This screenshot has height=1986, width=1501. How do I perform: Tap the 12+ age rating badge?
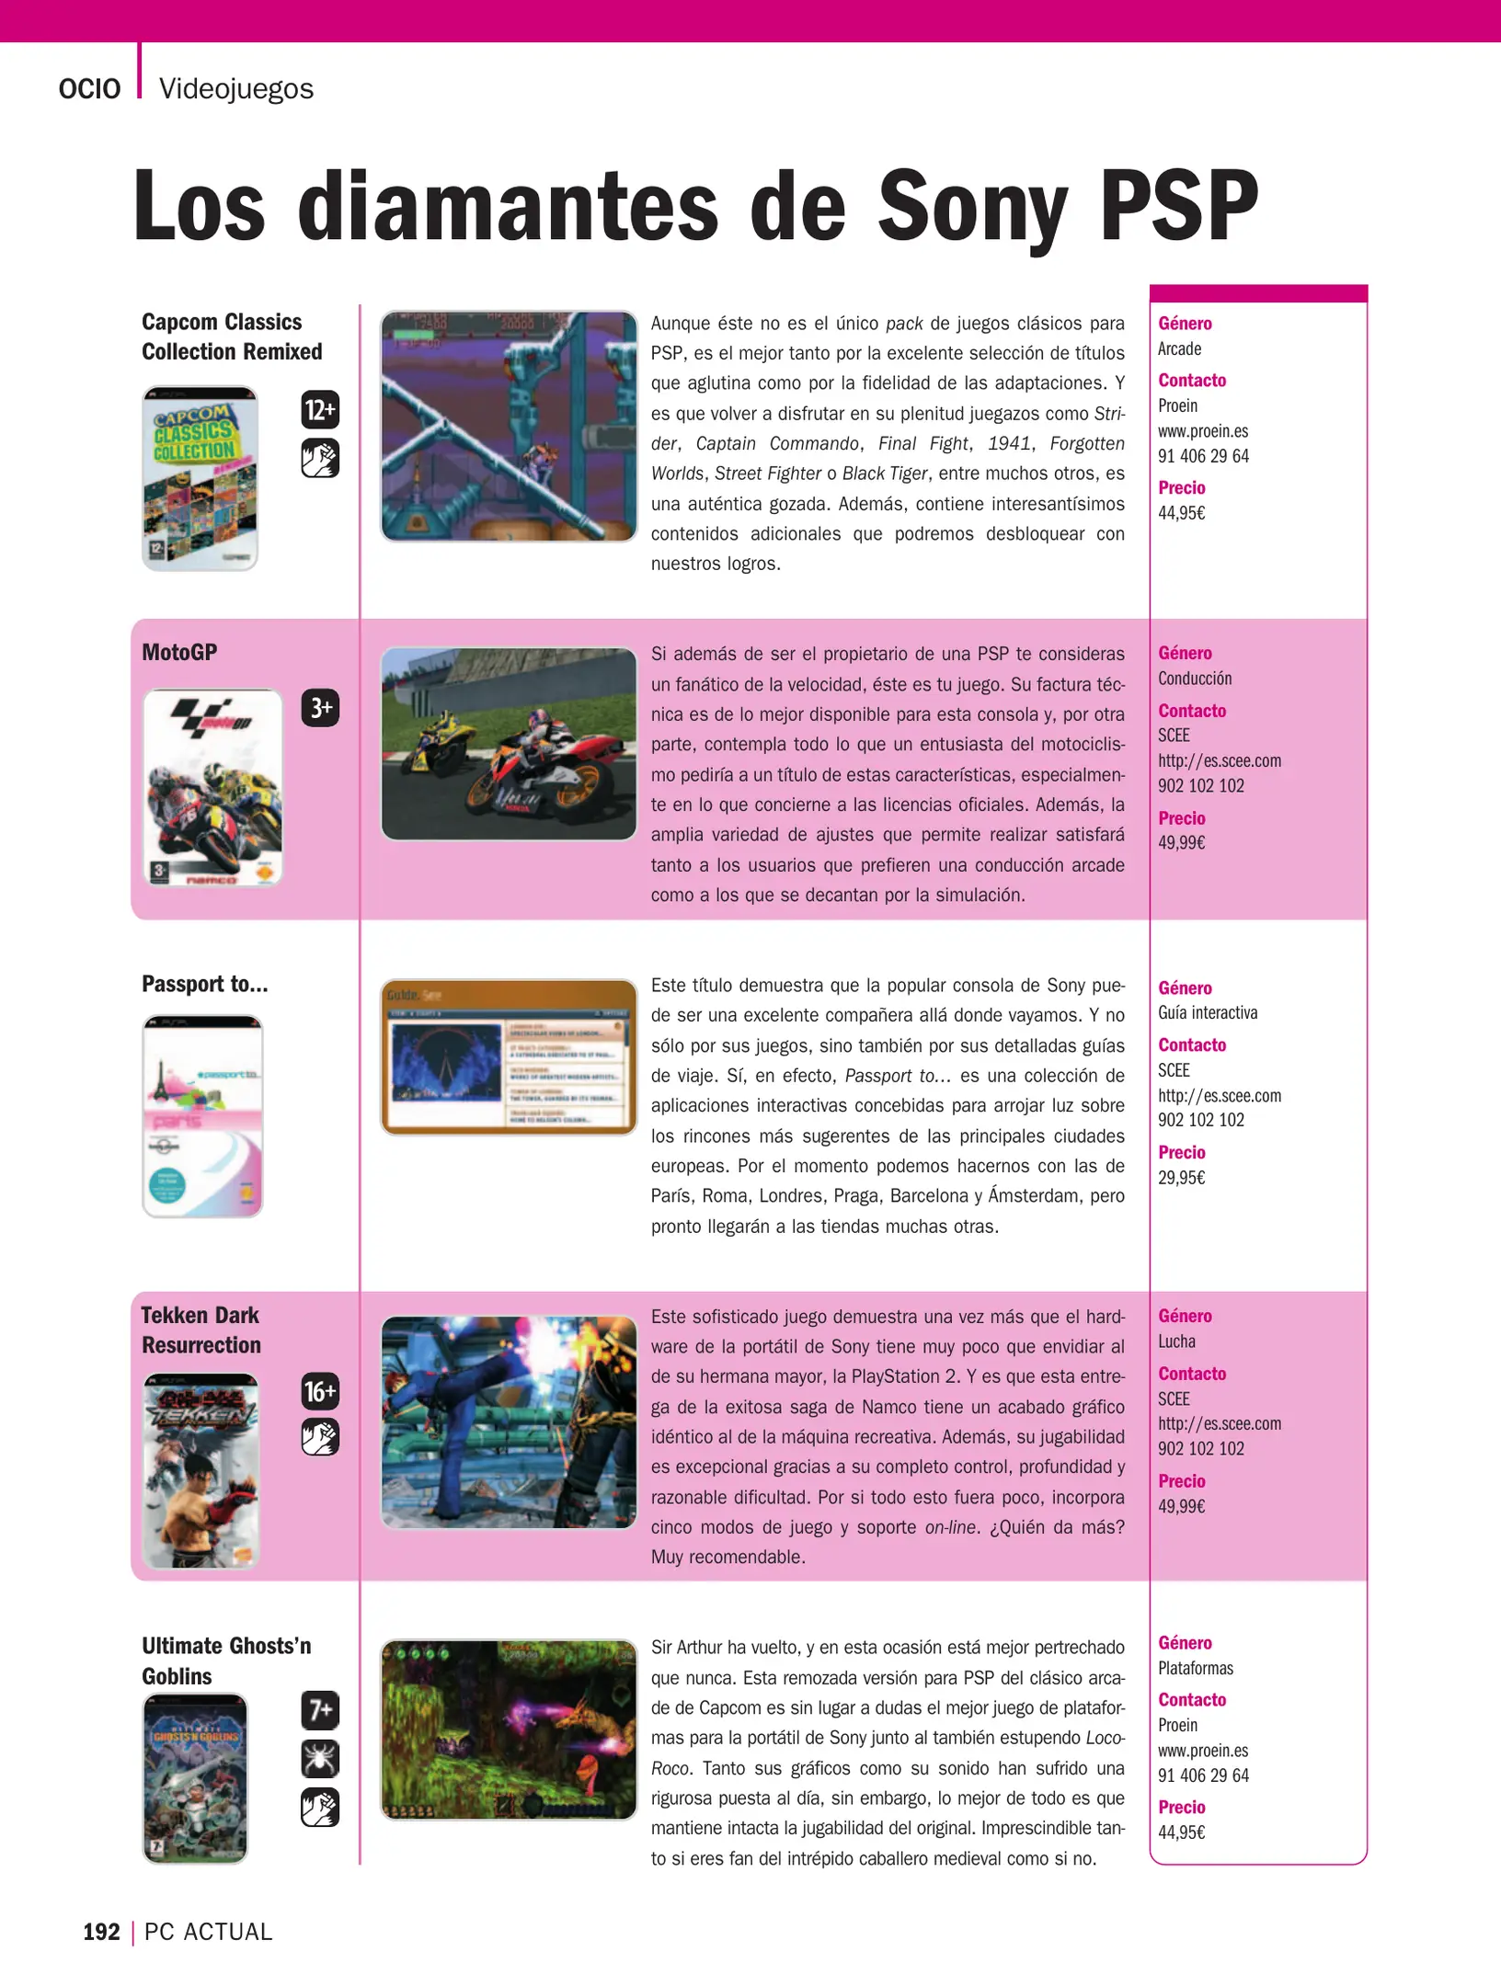(320, 409)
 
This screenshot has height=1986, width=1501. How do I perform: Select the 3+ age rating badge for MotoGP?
(320, 708)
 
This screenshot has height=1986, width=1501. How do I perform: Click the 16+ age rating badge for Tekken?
(320, 1391)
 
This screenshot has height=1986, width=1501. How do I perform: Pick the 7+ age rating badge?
(320, 1710)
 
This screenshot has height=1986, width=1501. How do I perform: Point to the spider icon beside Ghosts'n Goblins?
(320, 1759)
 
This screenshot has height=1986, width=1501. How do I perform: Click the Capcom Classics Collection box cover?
(200, 478)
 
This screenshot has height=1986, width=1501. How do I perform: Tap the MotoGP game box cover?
(213, 788)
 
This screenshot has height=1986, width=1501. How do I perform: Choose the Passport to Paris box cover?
(202, 1116)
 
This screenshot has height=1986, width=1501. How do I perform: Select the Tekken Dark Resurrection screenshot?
(509, 1422)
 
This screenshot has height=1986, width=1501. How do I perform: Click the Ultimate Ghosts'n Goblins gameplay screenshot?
(509, 1729)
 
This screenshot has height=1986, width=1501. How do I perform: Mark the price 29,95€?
(1181, 1178)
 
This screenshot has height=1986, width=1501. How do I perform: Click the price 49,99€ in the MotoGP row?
(1181, 843)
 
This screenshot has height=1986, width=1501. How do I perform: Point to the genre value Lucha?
(1176, 1341)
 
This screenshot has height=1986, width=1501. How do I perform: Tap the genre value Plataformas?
(1196, 1669)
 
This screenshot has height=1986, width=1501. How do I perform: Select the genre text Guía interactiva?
(1208, 1013)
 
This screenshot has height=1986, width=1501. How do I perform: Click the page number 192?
(101, 1932)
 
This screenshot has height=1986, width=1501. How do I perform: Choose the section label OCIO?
(89, 89)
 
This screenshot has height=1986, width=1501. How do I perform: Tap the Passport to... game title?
(205, 985)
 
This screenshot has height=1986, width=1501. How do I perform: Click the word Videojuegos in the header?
(236, 89)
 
